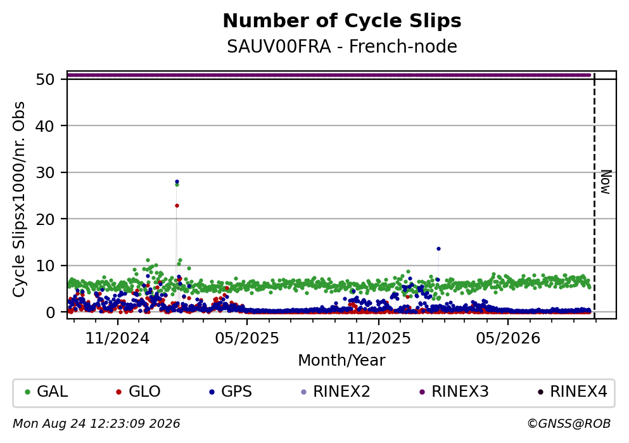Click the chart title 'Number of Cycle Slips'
(x=342, y=21)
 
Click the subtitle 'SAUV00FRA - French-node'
(x=342, y=46)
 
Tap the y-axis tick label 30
(x=45, y=172)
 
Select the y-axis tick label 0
(x=50, y=312)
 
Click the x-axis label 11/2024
(x=117, y=338)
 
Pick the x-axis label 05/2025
(x=246, y=338)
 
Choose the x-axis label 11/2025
(x=379, y=338)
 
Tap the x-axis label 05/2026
(x=508, y=338)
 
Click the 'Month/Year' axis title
(x=341, y=361)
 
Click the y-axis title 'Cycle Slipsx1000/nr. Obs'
(x=19, y=200)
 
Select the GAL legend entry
(x=46, y=392)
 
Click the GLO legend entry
(x=138, y=392)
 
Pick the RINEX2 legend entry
(x=336, y=392)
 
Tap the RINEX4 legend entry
(x=573, y=392)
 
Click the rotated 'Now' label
(x=606, y=183)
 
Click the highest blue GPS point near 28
(x=177, y=182)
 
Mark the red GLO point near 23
(x=177, y=206)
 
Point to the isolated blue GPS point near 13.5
(x=438, y=249)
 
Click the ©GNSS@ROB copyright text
(x=569, y=424)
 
